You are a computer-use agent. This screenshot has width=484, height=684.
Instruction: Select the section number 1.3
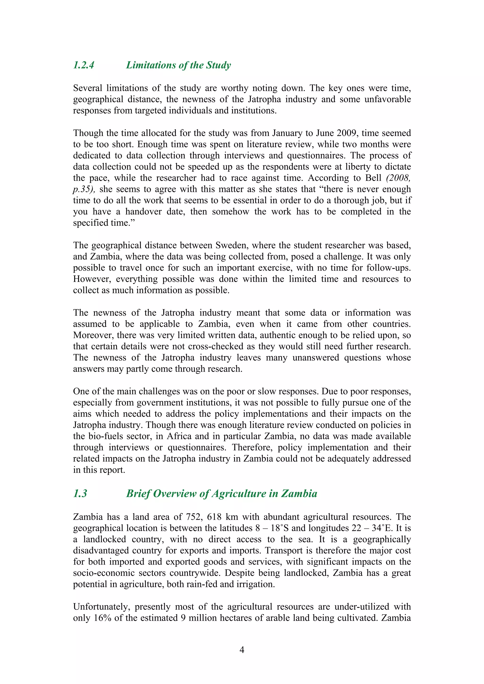[x=80, y=494]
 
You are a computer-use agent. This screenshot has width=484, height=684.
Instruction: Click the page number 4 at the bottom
[x=242, y=650]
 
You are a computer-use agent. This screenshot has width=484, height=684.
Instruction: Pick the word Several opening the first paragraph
[x=88, y=88]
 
